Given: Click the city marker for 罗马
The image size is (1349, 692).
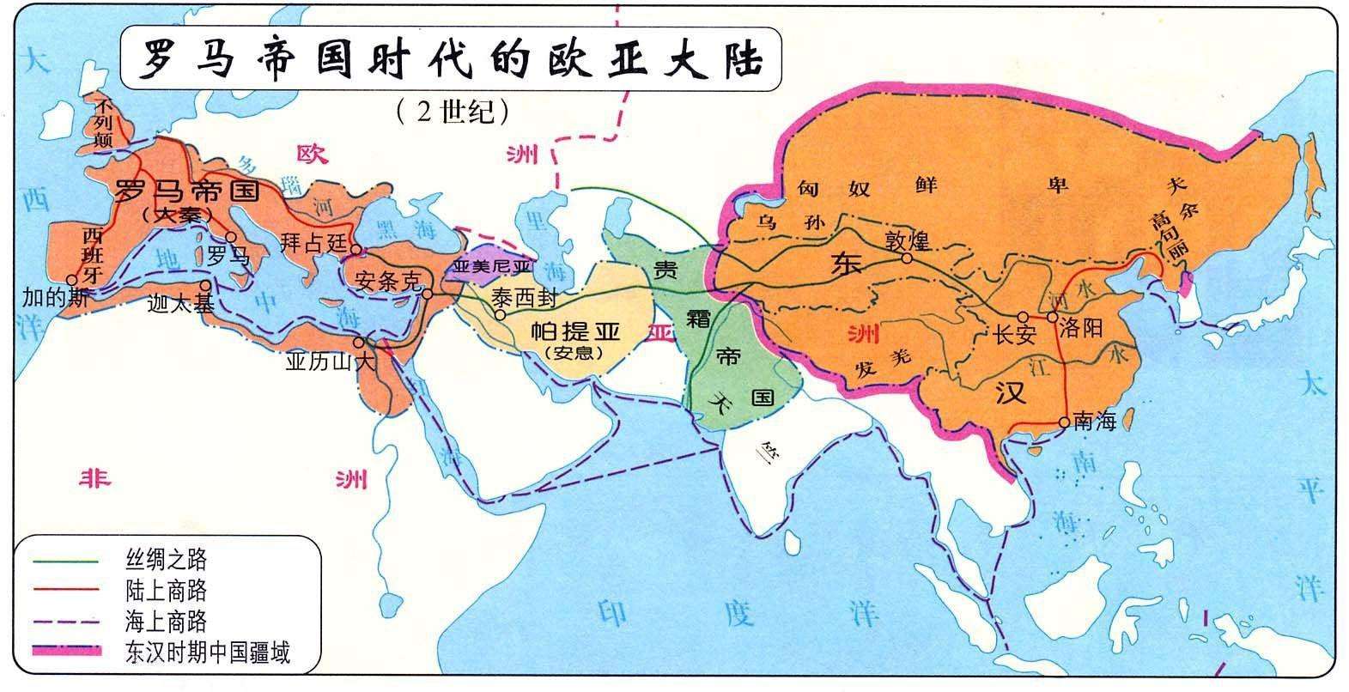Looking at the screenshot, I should [x=231, y=237].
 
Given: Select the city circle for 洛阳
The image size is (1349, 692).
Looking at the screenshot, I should [x=1052, y=317].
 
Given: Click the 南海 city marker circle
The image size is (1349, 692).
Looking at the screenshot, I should [x=1065, y=422].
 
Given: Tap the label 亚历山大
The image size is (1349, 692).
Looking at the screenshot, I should [x=331, y=362].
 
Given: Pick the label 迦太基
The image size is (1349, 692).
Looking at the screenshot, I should [x=180, y=302].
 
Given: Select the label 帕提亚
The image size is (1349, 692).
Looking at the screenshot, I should [x=574, y=331].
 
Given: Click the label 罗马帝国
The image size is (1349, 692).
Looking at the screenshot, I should [x=186, y=191].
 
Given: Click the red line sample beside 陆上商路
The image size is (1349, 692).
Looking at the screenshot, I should [x=67, y=591].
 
